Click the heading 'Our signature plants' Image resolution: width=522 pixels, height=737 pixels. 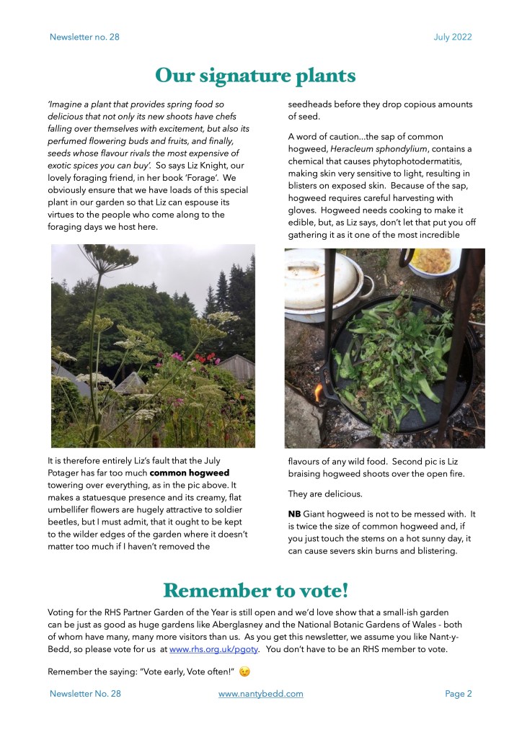[x=255, y=76]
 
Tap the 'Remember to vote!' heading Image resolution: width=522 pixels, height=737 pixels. [x=255, y=591]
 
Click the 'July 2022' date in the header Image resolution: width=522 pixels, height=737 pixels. [x=453, y=37]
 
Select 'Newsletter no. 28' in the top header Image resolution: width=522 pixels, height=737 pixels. [x=84, y=37]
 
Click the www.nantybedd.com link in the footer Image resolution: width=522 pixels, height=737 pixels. [x=260, y=694]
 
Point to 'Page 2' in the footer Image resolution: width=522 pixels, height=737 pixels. [x=458, y=694]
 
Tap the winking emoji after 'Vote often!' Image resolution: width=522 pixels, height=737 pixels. [x=245, y=672]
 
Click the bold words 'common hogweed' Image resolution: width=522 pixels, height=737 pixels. [x=190, y=473]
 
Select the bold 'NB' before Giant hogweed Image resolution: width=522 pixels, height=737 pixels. [x=295, y=514]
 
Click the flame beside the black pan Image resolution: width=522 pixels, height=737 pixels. [x=319, y=393]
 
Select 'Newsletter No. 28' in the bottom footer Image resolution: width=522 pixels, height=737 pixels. [x=85, y=694]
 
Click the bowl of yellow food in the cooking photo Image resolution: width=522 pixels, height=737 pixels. [x=431, y=261]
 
